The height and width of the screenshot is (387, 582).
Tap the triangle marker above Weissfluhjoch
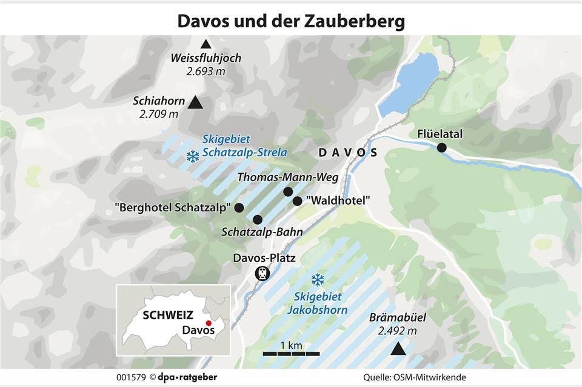pyautogui.click(x=206, y=44)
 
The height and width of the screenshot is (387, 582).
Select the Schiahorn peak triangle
pyautogui.click(x=195, y=103)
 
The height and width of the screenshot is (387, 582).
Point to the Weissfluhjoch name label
pyautogui.click(x=206, y=59)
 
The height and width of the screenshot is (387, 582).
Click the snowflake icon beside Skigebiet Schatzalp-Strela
pyautogui.click(x=193, y=157)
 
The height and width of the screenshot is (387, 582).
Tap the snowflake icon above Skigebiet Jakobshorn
pyautogui.click(x=317, y=280)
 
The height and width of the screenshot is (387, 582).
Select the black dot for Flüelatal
pyautogui.click(x=442, y=148)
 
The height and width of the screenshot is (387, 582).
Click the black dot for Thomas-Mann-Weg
pyautogui.click(x=288, y=192)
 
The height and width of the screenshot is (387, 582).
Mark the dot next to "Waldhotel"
pyautogui.click(x=297, y=201)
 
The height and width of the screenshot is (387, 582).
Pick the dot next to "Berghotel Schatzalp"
pyautogui.click(x=239, y=208)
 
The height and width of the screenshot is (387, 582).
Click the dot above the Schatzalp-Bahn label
pyautogui.click(x=258, y=219)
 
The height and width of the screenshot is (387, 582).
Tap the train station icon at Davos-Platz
pyautogui.click(x=262, y=274)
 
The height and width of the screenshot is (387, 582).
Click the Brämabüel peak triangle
pyautogui.click(x=398, y=348)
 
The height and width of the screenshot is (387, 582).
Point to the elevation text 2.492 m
pyautogui.click(x=397, y=331)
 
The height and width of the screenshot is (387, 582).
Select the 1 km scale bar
pyautogui.click(x=291, y=353)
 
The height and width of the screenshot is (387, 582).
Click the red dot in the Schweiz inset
pyautogui.click(x=209, y=323)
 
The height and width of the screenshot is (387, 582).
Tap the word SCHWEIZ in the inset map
pyautogui.click(x=168, y=315)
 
